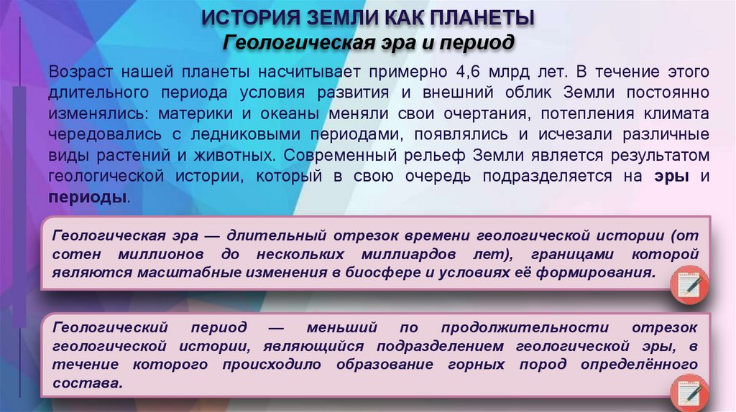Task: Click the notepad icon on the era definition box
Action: tap(689, 286)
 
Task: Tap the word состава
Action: tap(87, 383)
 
